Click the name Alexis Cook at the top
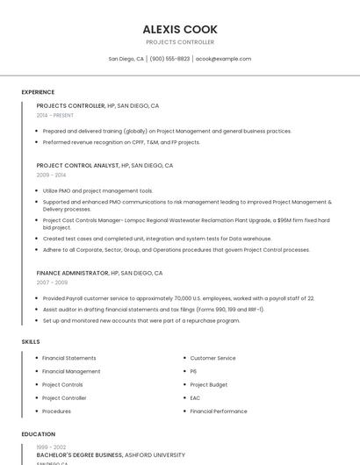pos(180,29)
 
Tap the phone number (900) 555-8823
pos(169,59)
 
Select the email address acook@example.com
pos(223,59)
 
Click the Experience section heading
pos(38,92)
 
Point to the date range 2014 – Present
pos(55,115)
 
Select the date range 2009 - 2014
pos(51,175)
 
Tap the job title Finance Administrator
pos(73,273)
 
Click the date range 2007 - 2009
pos(52,283)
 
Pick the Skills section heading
pos(31,341)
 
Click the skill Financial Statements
pos(69,358)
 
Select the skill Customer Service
pos(212,358)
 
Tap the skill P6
pos(193,371)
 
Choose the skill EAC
pos(196,398)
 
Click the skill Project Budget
pos(209,384)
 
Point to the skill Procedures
pos(57,411)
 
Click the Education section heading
pos(38,434)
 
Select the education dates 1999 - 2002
pos(51,447)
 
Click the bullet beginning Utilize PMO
pos(97,190)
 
